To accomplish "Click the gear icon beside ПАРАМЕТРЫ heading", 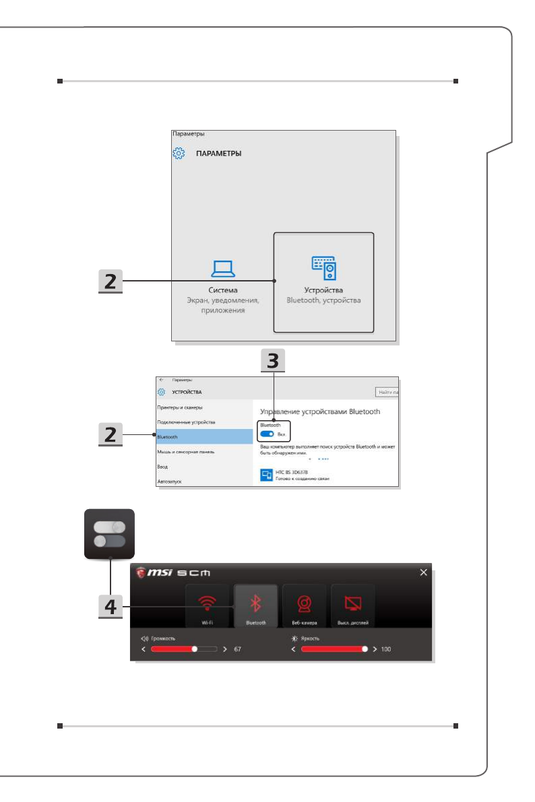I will [179, 153].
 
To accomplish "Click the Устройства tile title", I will [323, 290].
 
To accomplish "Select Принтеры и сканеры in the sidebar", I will [180, 407].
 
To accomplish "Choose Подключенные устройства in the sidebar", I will [186, 422].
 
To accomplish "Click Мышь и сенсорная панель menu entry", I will [186, 452].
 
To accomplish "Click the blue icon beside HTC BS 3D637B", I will [266, 476].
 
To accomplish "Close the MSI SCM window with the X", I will [423, 572].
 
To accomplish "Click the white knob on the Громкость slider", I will [195, 650].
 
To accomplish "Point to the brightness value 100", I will [385, 650].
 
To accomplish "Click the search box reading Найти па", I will [387, 391].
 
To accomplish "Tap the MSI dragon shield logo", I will [141, 572].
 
